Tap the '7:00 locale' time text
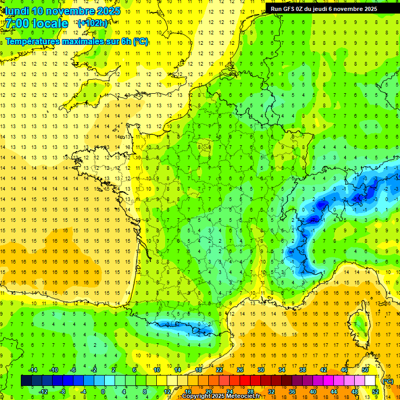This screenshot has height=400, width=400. coord(37,23)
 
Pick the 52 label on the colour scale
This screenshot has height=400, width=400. coord(375,392)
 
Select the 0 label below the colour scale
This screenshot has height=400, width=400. coord(103,392)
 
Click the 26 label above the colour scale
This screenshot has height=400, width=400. coord(240,370)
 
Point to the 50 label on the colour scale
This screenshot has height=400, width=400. coord(365,370)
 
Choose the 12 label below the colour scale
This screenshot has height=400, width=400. coord(167,392)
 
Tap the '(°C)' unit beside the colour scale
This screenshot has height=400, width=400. coord(387,381)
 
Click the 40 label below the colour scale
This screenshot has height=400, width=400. coord(312,392)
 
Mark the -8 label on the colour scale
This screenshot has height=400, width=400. coord(63,392)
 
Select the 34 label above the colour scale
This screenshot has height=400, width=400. coord(282,370)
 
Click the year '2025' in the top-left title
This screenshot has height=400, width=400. coord(105,11)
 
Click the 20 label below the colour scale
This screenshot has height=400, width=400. coord(208,392)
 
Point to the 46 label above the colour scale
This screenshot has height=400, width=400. coord(344,370)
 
